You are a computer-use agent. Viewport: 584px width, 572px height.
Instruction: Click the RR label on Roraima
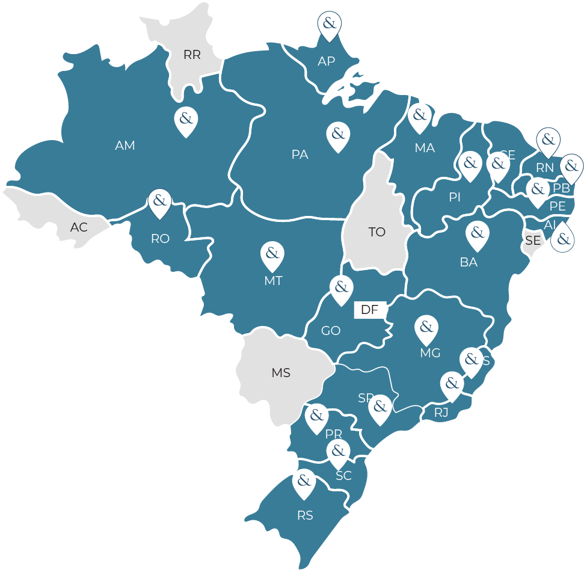click(x=192, y=55)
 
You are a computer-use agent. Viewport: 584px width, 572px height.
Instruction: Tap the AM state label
click(x=125, y=146)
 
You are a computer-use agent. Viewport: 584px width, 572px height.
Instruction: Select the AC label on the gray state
click(x=79, y=228)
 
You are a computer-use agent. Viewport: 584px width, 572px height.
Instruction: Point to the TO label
click(x=377, y=232)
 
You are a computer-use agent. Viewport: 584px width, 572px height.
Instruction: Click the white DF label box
click(x=369, y=310)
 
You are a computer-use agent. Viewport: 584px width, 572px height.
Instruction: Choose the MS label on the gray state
click(x=281, y=373)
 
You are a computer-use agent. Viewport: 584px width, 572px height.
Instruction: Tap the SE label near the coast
click(x=533, y=241)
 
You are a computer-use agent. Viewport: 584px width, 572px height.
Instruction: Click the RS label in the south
click(x=305, y=516)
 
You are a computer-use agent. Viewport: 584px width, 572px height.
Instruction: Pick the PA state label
click(x=300, y=155)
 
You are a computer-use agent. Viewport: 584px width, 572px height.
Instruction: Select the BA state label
click(x=469, y=262)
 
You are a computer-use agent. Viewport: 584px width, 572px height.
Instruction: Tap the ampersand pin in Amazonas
click(x=186, y=119)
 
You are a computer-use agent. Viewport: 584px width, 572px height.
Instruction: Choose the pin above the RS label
click(x=304, y=482)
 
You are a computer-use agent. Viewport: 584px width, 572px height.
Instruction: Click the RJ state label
click(x=441, y=413)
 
